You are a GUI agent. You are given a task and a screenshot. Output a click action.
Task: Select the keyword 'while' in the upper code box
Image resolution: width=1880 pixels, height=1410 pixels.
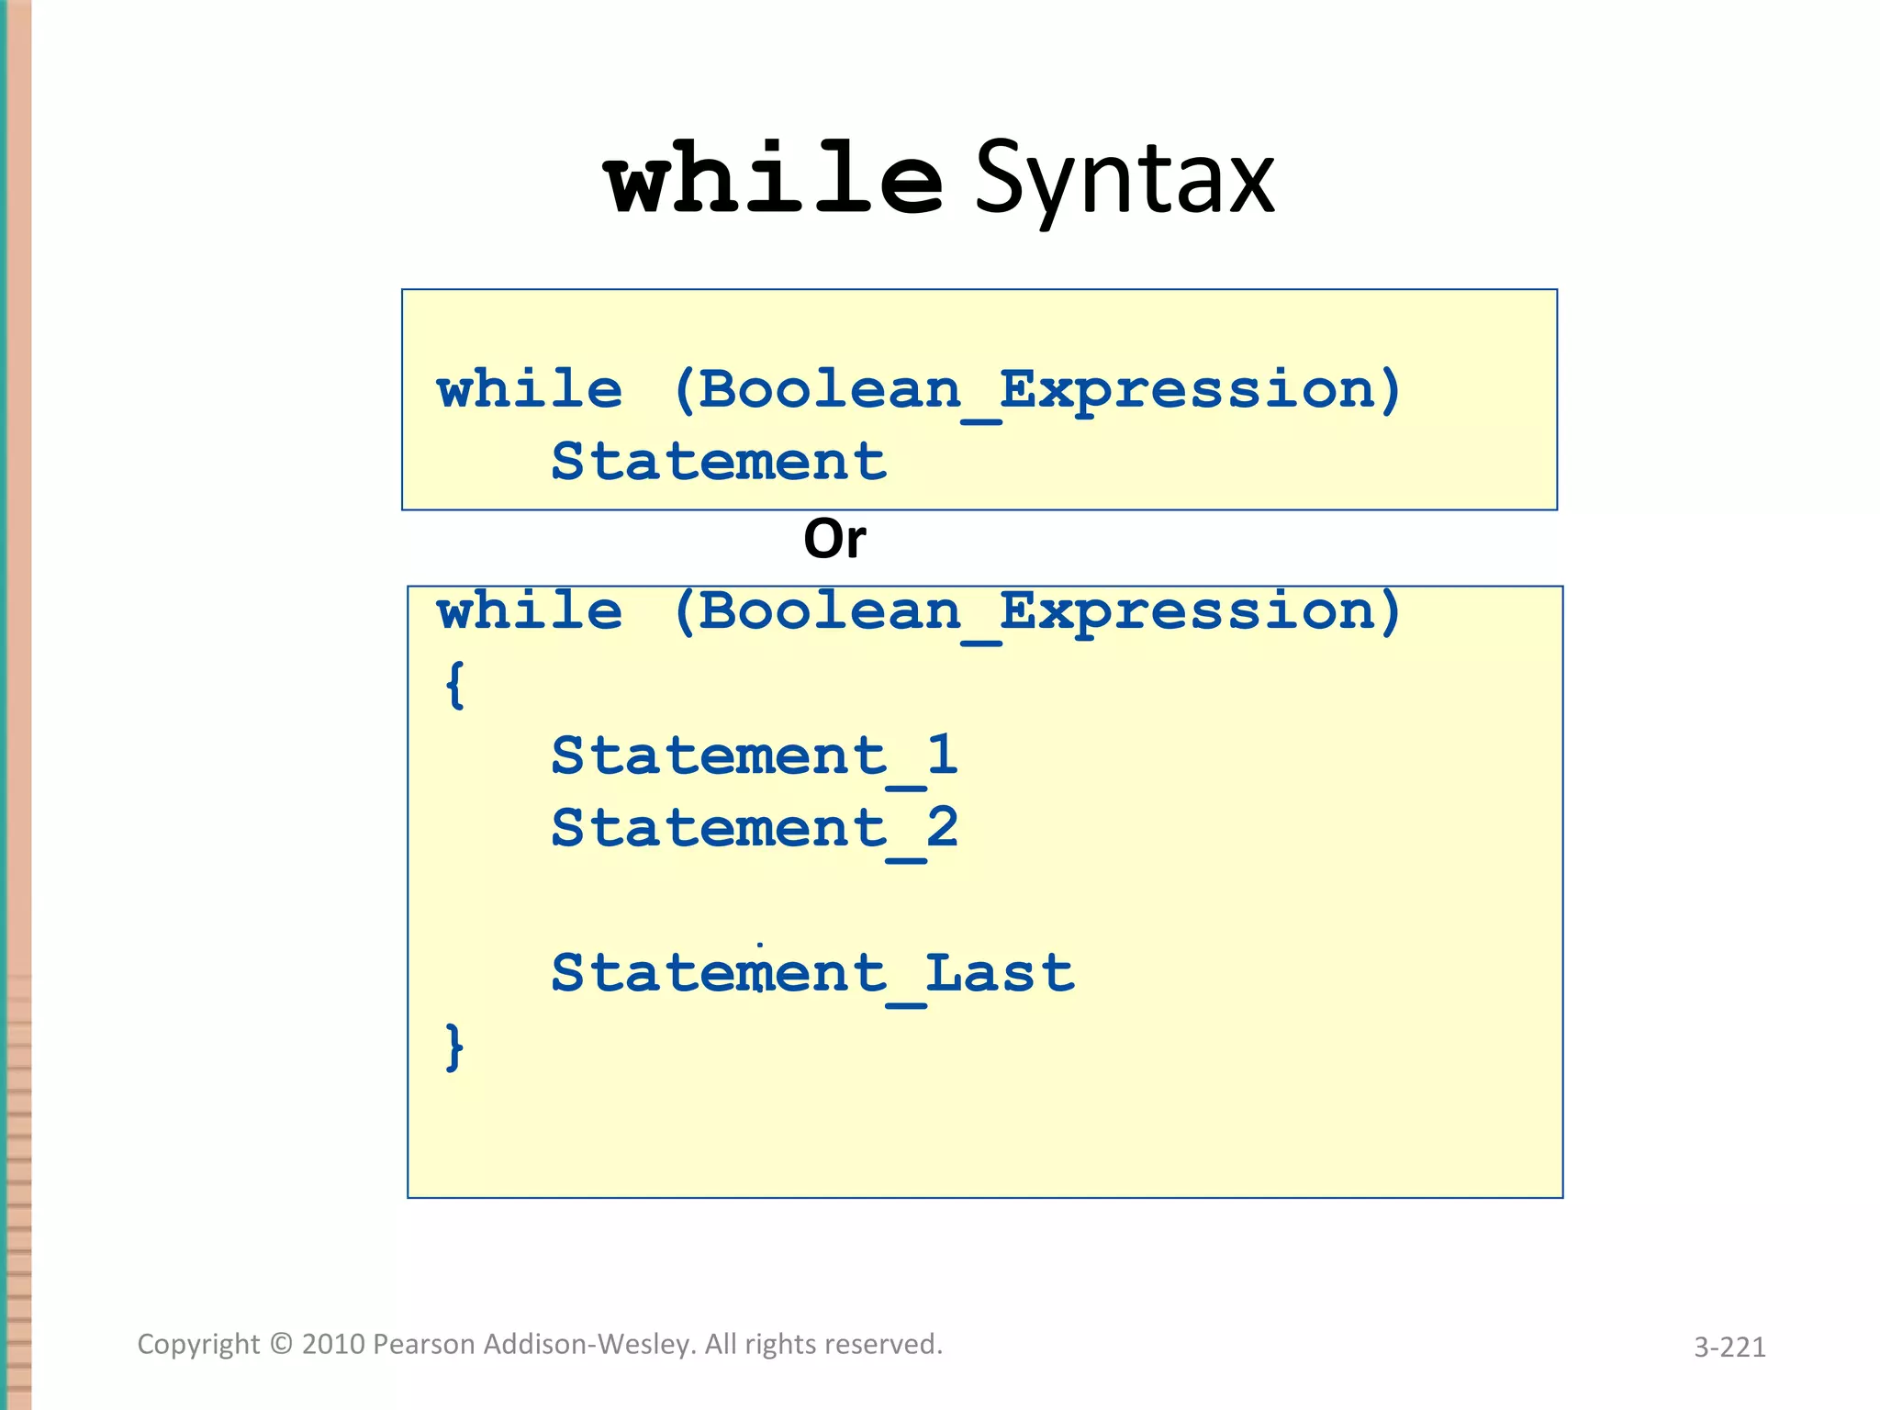(x=530, y=390)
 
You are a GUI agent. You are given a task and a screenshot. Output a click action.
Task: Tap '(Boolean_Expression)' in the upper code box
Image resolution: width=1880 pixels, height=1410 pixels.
(x=1037, y=391)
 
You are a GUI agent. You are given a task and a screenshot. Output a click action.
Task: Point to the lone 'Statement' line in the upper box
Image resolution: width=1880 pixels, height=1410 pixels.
(x=719, y=461)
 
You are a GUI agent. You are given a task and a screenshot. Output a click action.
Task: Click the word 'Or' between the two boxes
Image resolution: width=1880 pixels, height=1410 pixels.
(x=834, y=539)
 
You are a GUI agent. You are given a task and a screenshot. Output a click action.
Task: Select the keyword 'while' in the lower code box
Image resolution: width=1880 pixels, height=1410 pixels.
(x=530, y=611)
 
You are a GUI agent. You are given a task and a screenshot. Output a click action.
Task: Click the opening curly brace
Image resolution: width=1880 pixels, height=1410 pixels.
(x=454, y=685)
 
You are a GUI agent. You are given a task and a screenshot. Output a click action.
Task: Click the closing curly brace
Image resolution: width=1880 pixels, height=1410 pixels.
(x=454, y=1047)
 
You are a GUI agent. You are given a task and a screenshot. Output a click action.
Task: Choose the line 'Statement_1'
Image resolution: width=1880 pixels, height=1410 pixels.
(x=755, y=756)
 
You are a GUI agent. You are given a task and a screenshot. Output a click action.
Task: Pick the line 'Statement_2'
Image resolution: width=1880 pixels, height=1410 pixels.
(x=755, y=829)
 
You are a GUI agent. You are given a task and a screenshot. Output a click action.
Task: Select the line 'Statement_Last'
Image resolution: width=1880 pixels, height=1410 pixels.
(x=812, y=973)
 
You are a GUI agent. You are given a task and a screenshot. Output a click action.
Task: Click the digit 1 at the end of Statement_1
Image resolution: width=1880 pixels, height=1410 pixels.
(x=942, y=755)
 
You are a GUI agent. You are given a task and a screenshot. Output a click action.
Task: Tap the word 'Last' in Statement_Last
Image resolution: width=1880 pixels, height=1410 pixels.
(x=1000, y=972)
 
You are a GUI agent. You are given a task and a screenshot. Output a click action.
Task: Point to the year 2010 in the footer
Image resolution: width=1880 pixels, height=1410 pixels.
(x=333, y=1345)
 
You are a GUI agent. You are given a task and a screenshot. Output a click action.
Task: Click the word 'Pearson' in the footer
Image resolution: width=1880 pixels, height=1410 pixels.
(x=424, y=1345)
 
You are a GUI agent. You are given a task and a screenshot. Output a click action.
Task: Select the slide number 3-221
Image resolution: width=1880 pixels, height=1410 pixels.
(x=1729, y=1347)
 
